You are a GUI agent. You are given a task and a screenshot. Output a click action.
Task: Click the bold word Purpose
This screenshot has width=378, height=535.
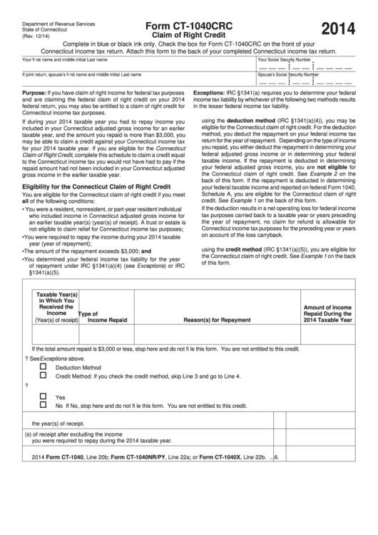pos(34,94)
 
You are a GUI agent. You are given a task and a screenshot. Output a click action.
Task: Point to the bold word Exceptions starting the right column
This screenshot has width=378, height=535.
pos(210,94)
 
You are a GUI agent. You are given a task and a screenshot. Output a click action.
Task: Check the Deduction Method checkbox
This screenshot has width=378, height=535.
pos(44,366)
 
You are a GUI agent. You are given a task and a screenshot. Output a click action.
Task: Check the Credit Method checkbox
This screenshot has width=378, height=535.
pos(44,375)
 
